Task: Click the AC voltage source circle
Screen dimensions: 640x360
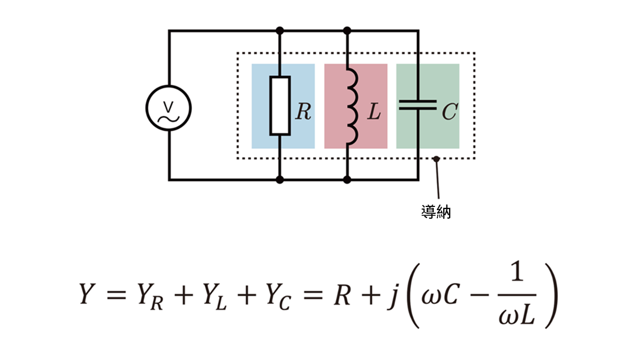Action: click(x=146, y=108)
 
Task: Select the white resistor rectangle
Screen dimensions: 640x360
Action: click(x=280, y=106)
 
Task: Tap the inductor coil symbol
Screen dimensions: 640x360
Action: click(x=353, y=106)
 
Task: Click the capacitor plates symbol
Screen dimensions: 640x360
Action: click(x=418, y=105)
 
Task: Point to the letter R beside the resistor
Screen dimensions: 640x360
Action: click(x=303, y=111)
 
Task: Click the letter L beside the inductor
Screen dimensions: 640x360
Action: click(x=374, y=111)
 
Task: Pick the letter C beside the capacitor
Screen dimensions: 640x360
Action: click(x=450, y=111)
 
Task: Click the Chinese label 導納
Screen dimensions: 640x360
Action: click(x=436, y=212)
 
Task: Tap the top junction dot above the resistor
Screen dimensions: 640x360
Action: click(x=279, y=30)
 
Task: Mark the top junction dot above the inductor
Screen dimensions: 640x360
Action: click(x=347, y=30)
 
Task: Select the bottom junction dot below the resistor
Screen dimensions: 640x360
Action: click(x=279, y=180)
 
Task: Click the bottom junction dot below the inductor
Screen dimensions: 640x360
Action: click(x=347, y=180)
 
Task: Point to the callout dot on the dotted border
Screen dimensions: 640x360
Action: click(x=436, y=159)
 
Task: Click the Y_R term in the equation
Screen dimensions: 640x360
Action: click(x=150, y=297)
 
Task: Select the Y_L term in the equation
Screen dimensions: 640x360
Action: click(x=214, y=297)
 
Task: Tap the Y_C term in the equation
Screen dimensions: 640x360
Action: click(x=278, y=297)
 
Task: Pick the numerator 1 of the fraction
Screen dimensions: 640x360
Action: click(x=517, y=274)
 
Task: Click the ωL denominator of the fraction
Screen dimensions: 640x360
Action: click(x=517, y=315)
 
